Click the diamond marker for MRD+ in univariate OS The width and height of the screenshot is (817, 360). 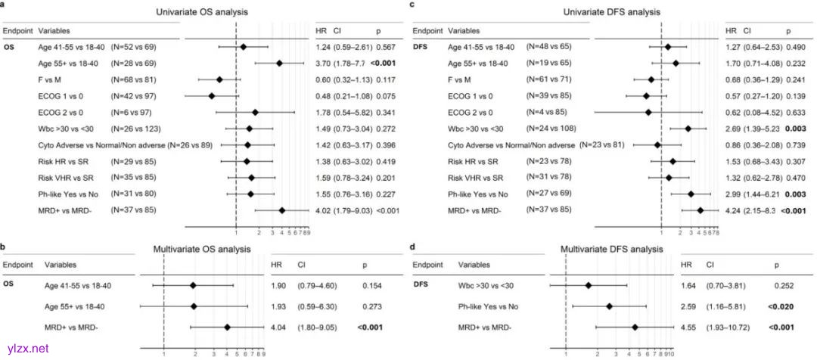click(x=282, y=209)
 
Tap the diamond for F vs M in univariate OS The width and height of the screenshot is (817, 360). click(x=219, y=79)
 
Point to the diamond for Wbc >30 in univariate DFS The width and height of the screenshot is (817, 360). click(x=688, y=129)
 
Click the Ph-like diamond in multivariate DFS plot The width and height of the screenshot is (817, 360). click(x=609, y=306)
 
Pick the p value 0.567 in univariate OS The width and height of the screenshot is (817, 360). click(x=386, y=47)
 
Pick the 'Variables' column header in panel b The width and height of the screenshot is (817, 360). click(x=63, y=265)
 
